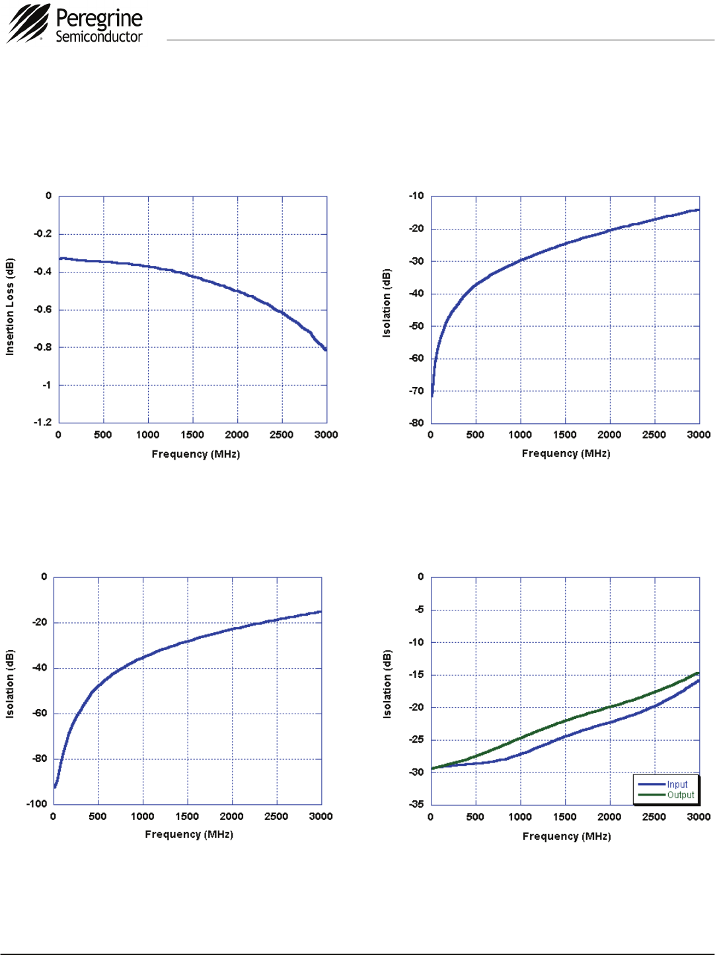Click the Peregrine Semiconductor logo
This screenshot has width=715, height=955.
click(x=75, y=24)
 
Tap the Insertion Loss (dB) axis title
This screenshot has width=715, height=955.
click(x=10, y=307)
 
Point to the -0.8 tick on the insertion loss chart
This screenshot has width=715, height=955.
click(x=44, y=347)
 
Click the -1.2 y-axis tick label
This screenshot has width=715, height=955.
click(x=44, y=422)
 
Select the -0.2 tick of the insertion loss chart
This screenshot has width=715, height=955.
click(x=44, y=233)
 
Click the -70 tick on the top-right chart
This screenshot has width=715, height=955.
click(x=416, y=391)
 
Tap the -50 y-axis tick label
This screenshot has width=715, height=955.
click(x=416, y=326)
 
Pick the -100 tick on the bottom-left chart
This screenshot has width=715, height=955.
click(x=37, y=804)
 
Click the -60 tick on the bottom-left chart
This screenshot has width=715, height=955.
click(x=40, y=713)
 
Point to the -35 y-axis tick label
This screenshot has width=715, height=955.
click(x=416, y=804)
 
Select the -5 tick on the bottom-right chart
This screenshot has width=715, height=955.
click(x=419, y=609)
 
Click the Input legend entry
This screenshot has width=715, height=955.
click(x=677, y=784)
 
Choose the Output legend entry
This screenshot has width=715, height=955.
click(x=680, y=795)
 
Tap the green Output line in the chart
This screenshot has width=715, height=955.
click(x=565, y=722)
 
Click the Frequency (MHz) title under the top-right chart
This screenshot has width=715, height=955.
click(x=566, y=454)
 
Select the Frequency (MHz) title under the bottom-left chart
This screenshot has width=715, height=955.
click(x=189, y=835)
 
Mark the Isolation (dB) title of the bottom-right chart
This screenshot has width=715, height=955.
click(x=387, y=684)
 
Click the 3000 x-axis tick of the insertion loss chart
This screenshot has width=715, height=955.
click(x=326, y=435)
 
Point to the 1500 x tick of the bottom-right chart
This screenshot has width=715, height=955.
click(x=565, y=817)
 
